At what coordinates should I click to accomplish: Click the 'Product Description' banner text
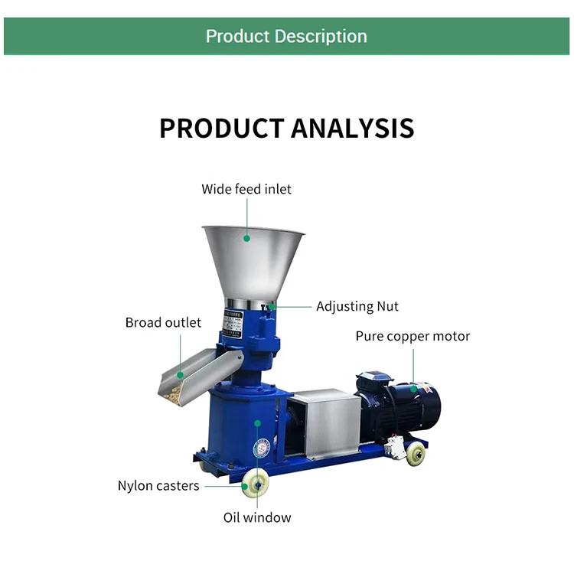click(286, 36)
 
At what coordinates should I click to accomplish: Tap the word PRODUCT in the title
click(219, 128)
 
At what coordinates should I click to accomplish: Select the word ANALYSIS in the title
click(350, 128)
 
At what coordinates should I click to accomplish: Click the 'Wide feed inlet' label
click(246, 188)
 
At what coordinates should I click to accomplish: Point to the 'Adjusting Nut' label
click(357, 306)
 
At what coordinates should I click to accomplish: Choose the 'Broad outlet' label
click(163, 322)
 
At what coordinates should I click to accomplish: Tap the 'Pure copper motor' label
click(413, 336)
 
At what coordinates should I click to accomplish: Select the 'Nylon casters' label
click(158, 485)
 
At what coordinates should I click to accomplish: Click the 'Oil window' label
click(257, 517)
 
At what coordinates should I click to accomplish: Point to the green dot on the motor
click(413, 388)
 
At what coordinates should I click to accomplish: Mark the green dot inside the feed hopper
click(247, 238)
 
